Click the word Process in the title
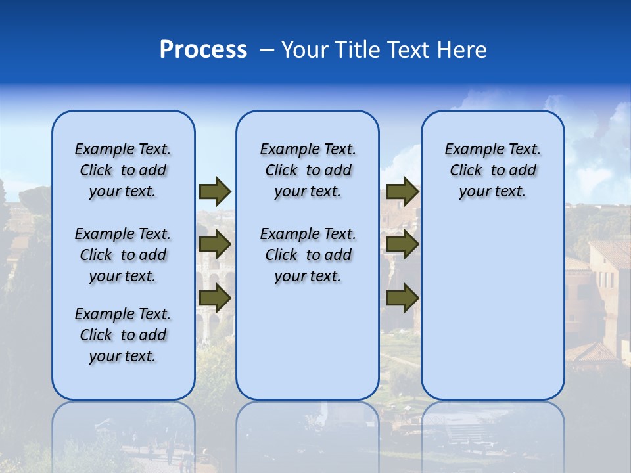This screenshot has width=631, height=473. [202, 50]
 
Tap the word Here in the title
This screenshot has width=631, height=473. [463, 50]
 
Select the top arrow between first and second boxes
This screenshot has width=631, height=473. [214, 191]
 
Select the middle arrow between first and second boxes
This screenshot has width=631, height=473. [214, 245]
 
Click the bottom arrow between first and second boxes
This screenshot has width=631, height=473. [214, 298]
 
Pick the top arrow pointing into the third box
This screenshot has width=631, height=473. [402, 191]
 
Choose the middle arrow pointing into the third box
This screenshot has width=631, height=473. [402, 245]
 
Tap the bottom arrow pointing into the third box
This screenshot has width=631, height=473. [402, 298]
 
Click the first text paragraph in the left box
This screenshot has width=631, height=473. [123, 170]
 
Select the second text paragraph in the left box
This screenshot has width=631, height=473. [123, 255]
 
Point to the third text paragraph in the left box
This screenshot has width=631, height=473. [123, 335]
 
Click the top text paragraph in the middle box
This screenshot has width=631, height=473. [308, 170]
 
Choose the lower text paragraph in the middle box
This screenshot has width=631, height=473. [308, 255]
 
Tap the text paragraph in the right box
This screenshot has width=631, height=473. [492, 170]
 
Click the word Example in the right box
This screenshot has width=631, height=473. [472, 149]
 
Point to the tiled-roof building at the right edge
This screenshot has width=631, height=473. [608, 276]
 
